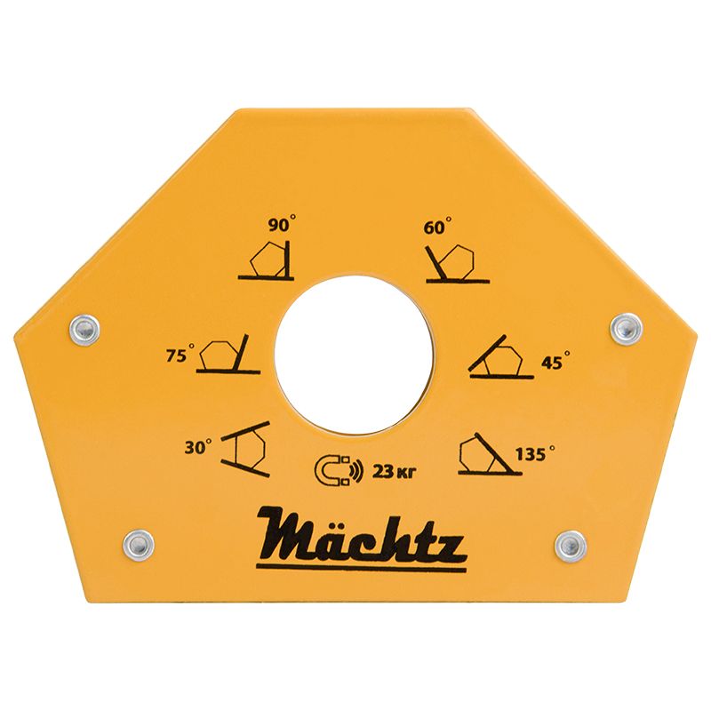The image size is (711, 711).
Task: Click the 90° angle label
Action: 281,226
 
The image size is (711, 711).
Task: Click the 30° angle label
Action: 198,448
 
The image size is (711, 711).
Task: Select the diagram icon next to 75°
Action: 228,354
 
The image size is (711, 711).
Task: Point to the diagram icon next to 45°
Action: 502,360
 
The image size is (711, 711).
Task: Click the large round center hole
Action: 354,355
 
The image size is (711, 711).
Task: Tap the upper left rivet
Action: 84,329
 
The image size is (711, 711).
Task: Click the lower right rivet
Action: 570,543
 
